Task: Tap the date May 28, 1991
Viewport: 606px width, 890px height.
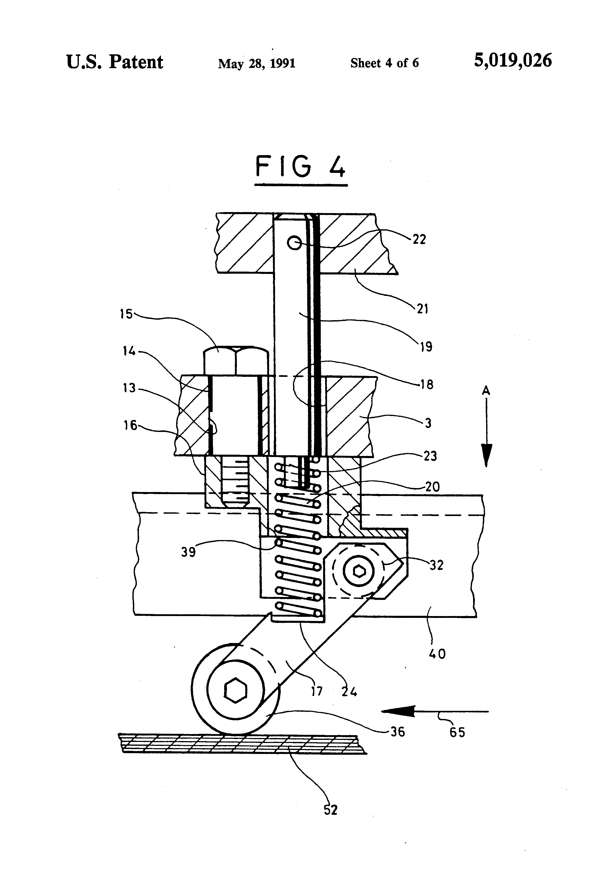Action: click(257, 63)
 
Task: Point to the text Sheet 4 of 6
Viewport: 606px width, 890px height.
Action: click(384, 63)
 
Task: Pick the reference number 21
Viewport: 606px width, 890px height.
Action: click(422, 309)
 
